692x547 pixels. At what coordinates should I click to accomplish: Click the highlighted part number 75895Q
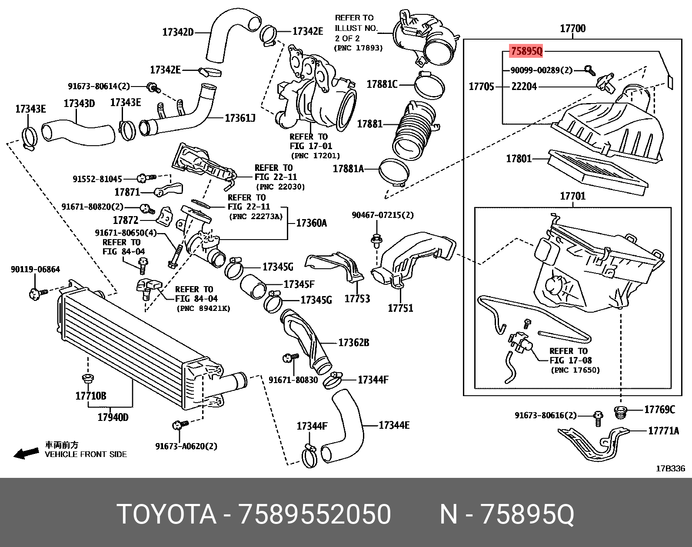pos(526,51)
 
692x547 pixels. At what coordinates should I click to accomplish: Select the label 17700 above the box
pos(572,29)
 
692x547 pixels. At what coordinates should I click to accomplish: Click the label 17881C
pos(382,84)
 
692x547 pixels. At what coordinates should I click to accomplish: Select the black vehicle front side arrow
pos(26,454)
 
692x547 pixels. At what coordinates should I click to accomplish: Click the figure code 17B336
pos(670,468)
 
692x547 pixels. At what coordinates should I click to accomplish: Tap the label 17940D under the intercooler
pos(113,417)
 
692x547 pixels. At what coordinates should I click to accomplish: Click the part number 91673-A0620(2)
pos(186,446)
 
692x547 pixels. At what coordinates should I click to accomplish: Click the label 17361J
pos(240,118)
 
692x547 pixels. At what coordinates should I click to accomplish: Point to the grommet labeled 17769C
pos(620,412)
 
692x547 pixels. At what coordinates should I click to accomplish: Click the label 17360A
pos(311,223)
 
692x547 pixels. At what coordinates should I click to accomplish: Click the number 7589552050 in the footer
pos(315,514)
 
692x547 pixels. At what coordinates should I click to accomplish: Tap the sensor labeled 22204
pos(605,83)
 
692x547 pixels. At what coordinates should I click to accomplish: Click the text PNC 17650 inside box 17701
pos(575,370)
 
